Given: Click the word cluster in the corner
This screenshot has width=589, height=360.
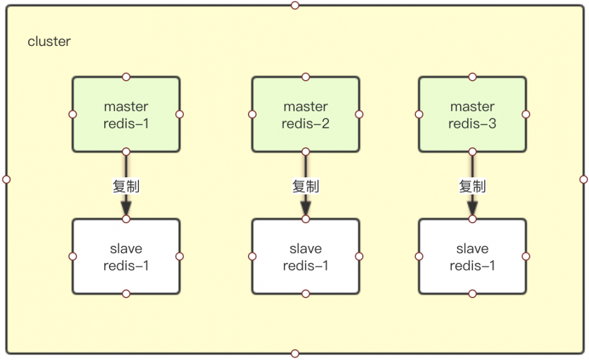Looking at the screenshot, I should point(49,42).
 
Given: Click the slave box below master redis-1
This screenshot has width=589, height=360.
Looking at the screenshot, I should point(126,257).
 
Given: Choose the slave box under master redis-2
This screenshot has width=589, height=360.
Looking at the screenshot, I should point(305,257).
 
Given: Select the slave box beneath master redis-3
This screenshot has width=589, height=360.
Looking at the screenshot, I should point(472,257).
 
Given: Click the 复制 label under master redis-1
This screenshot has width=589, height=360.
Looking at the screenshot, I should point(126,186).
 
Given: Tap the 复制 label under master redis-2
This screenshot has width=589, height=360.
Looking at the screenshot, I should point(305,186).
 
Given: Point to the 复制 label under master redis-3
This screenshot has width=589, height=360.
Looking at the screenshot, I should point(472,186).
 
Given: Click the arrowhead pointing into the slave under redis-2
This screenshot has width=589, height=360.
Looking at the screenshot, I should point(305,209).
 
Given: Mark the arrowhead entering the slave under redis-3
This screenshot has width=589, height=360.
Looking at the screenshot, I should point(472,209).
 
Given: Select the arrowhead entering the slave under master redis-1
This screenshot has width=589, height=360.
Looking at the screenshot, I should point(126,209).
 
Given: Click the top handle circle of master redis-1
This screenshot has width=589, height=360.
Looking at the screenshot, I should point(126,77).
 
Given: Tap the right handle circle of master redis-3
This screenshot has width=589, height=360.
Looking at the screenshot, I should point(526,114).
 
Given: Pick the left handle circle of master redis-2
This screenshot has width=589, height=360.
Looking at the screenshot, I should point(252,114).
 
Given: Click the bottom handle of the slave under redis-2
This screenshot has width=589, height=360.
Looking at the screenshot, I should point(305,293).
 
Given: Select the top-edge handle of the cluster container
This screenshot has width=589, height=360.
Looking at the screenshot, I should point(295,5).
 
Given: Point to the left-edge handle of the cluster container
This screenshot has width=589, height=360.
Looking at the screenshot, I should point(6,179).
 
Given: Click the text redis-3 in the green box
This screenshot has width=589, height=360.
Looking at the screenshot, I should point(472,124).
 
